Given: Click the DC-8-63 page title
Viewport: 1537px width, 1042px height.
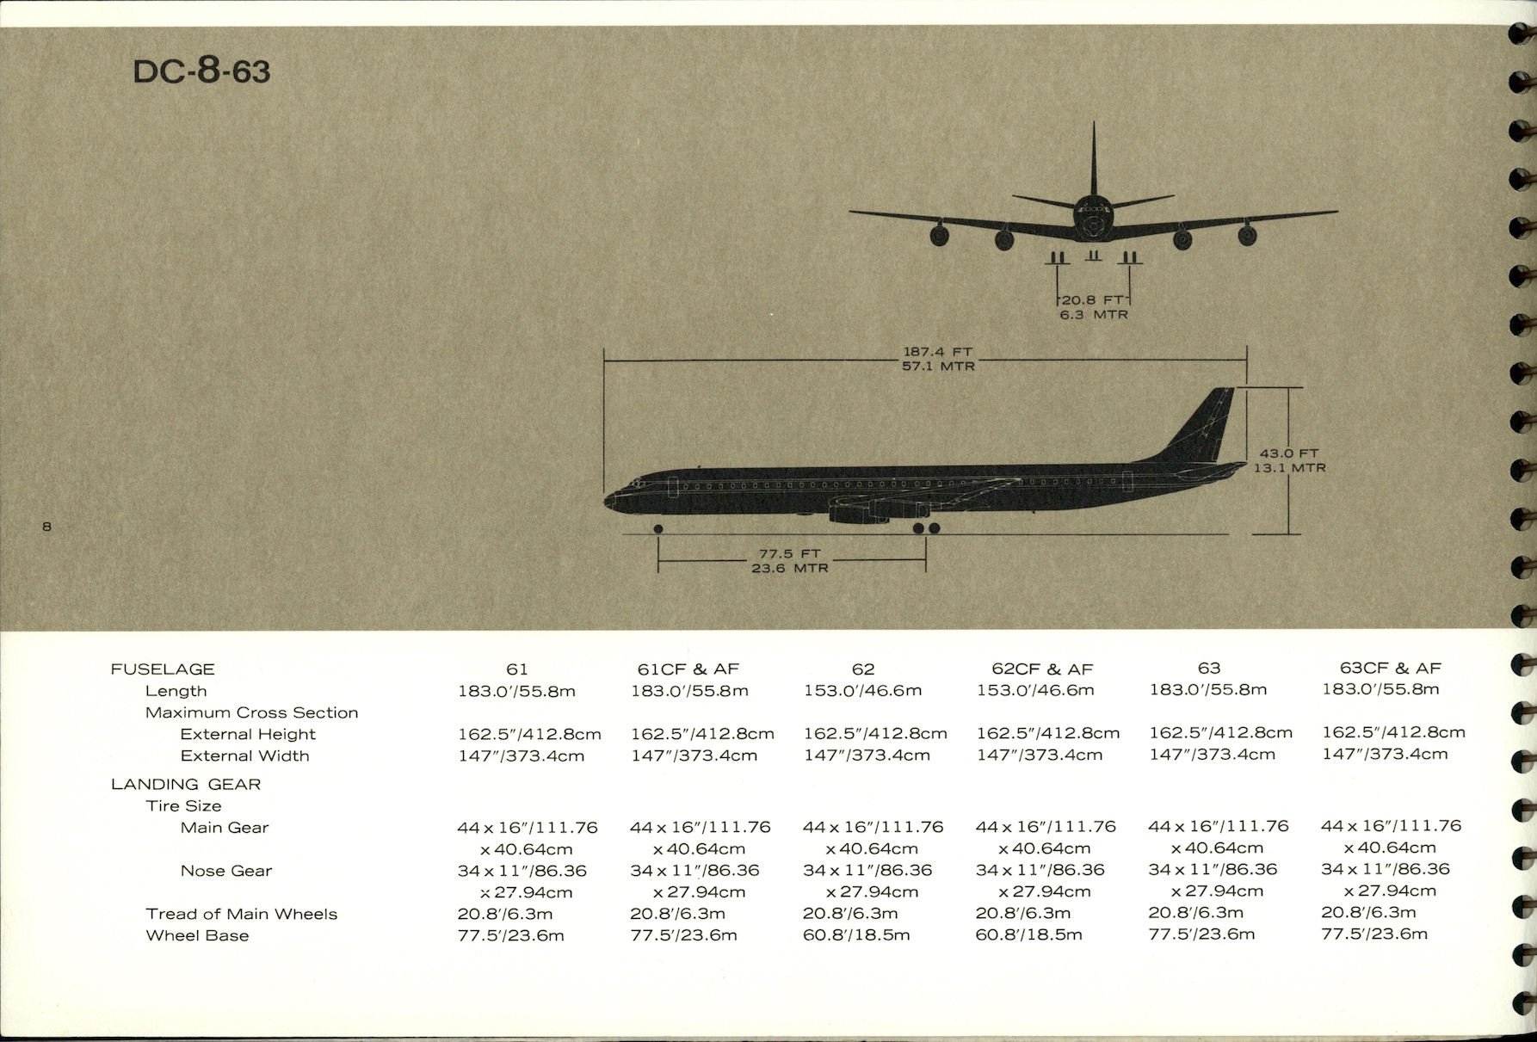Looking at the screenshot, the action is [201, 71].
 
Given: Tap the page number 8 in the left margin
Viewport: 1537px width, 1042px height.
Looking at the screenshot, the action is [46, 526].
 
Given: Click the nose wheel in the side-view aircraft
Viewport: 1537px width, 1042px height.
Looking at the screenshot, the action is [658, 528].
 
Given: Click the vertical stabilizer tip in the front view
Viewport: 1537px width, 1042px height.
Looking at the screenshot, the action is [1094, 126].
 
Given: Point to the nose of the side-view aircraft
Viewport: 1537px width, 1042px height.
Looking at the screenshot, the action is [608, 500].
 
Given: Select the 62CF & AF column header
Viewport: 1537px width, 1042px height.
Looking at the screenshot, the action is [1042, 669].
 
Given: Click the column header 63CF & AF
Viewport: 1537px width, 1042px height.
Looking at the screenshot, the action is [1390, 668].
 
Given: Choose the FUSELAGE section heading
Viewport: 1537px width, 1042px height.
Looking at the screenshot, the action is [163, 669].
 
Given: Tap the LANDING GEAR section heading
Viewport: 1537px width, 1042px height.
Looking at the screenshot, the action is [186, 784].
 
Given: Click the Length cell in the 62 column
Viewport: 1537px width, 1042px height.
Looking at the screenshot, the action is [862, 690].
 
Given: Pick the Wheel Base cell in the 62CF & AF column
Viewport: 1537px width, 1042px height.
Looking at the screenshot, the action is [1028, 934].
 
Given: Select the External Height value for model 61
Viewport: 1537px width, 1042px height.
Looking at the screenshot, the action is [529, 734].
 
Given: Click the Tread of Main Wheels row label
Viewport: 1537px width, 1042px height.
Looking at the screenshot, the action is [241, 914].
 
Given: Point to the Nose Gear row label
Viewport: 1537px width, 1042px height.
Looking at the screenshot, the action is [225, 871].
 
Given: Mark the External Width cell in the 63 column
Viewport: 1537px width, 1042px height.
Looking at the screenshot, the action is [1212, 755].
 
